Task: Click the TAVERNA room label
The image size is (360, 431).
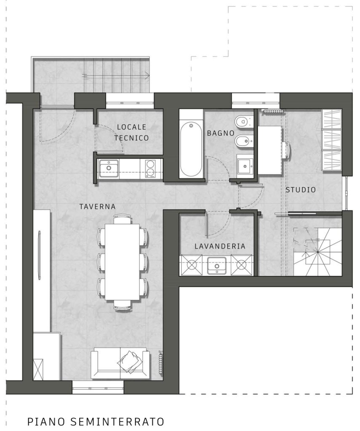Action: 97,206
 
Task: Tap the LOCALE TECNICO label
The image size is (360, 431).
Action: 131,133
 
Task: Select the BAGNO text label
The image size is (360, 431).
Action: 221,133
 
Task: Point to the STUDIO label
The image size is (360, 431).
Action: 301,190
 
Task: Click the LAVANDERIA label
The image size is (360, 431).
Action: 220,246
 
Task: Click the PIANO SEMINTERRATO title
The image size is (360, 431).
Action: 96,421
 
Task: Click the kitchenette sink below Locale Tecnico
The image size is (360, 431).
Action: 109,168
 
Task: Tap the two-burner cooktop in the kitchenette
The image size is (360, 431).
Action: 150,168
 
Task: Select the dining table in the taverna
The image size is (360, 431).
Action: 123,262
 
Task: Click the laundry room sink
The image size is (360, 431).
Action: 217,266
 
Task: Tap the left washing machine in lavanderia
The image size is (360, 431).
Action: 191,265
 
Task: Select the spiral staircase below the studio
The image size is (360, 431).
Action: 317,252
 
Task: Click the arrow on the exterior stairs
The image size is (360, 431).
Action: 115,75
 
